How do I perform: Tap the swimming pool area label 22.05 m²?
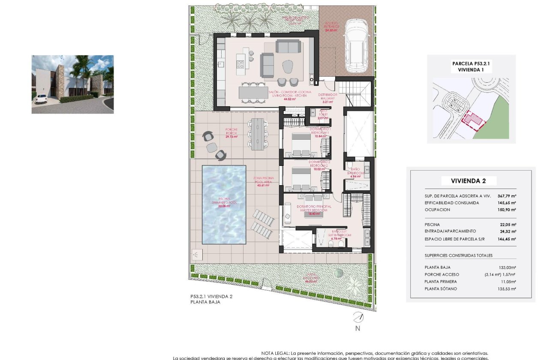[x=223, y=206]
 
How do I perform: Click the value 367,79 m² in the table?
[x=506, y=196]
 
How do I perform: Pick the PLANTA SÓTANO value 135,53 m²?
[x=506, y=289]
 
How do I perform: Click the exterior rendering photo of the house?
[x=72, y=84]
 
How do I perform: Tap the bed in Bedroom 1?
[x=302, y=144]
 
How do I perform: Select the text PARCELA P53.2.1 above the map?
[x=471, y=63]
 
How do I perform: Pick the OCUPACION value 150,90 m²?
[x=506, y=210]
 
